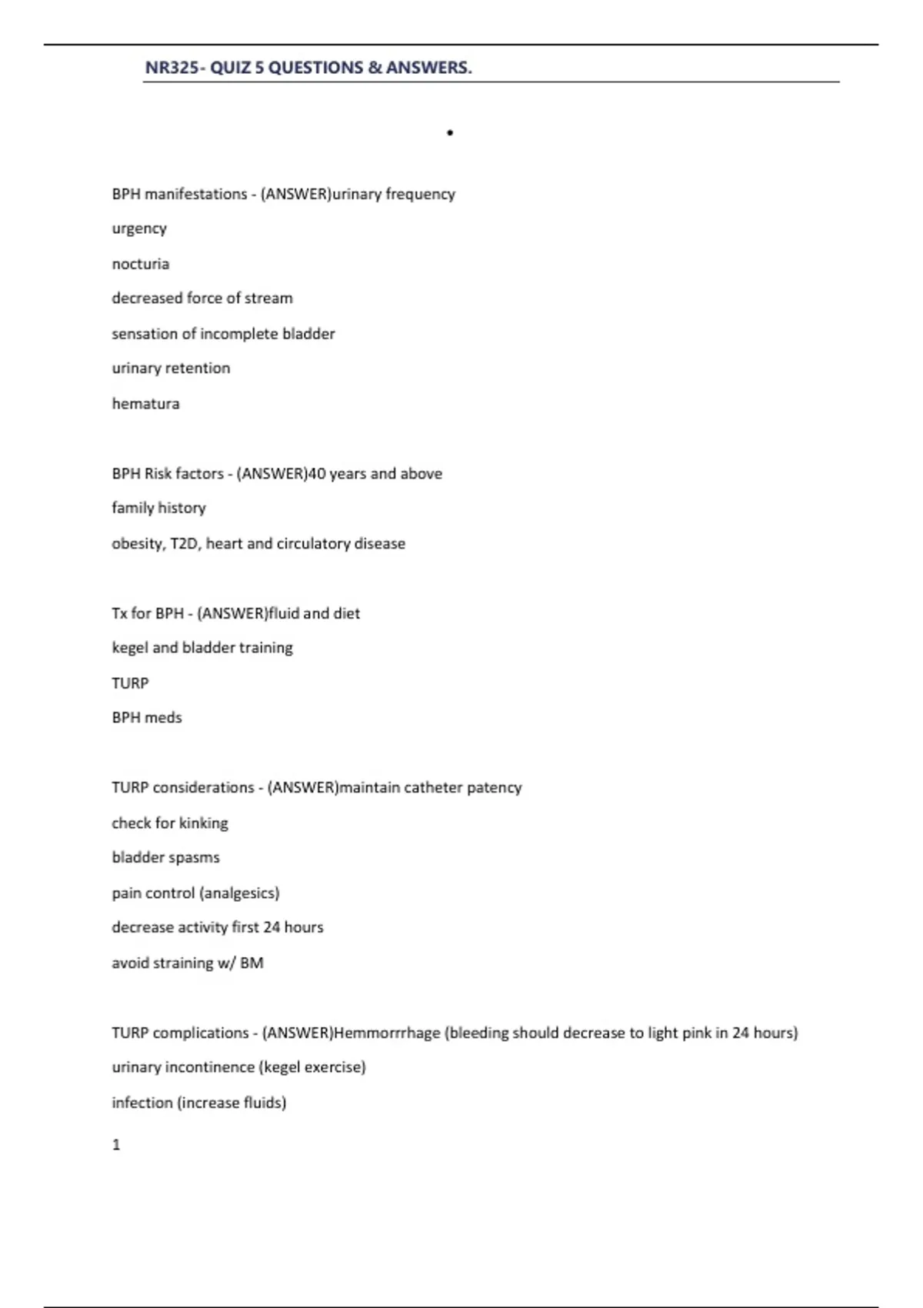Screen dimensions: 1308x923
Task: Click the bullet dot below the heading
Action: click(450, 133)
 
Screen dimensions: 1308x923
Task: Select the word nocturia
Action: click(140, 264)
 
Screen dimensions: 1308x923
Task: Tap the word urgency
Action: click(139, 229)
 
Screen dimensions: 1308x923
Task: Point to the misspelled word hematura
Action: click(145, 404)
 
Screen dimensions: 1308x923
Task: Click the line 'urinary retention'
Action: click(171, 369)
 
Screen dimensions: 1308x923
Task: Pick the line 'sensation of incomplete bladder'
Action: click(223, 334)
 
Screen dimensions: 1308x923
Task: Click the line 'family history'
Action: click(158, 508)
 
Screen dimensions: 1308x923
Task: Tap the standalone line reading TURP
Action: click(130, 683)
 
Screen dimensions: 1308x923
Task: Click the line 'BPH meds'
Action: click(147, 718)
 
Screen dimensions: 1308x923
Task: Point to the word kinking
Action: click(203, 823)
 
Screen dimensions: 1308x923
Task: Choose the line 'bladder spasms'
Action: click(165, 858)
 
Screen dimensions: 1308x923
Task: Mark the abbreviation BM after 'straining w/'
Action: click(252, 963)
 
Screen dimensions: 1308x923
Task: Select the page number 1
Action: click(116, 1145)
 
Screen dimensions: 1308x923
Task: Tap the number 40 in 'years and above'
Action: click(316, 474)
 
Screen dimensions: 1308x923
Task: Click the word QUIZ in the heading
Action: click(231, 68)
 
